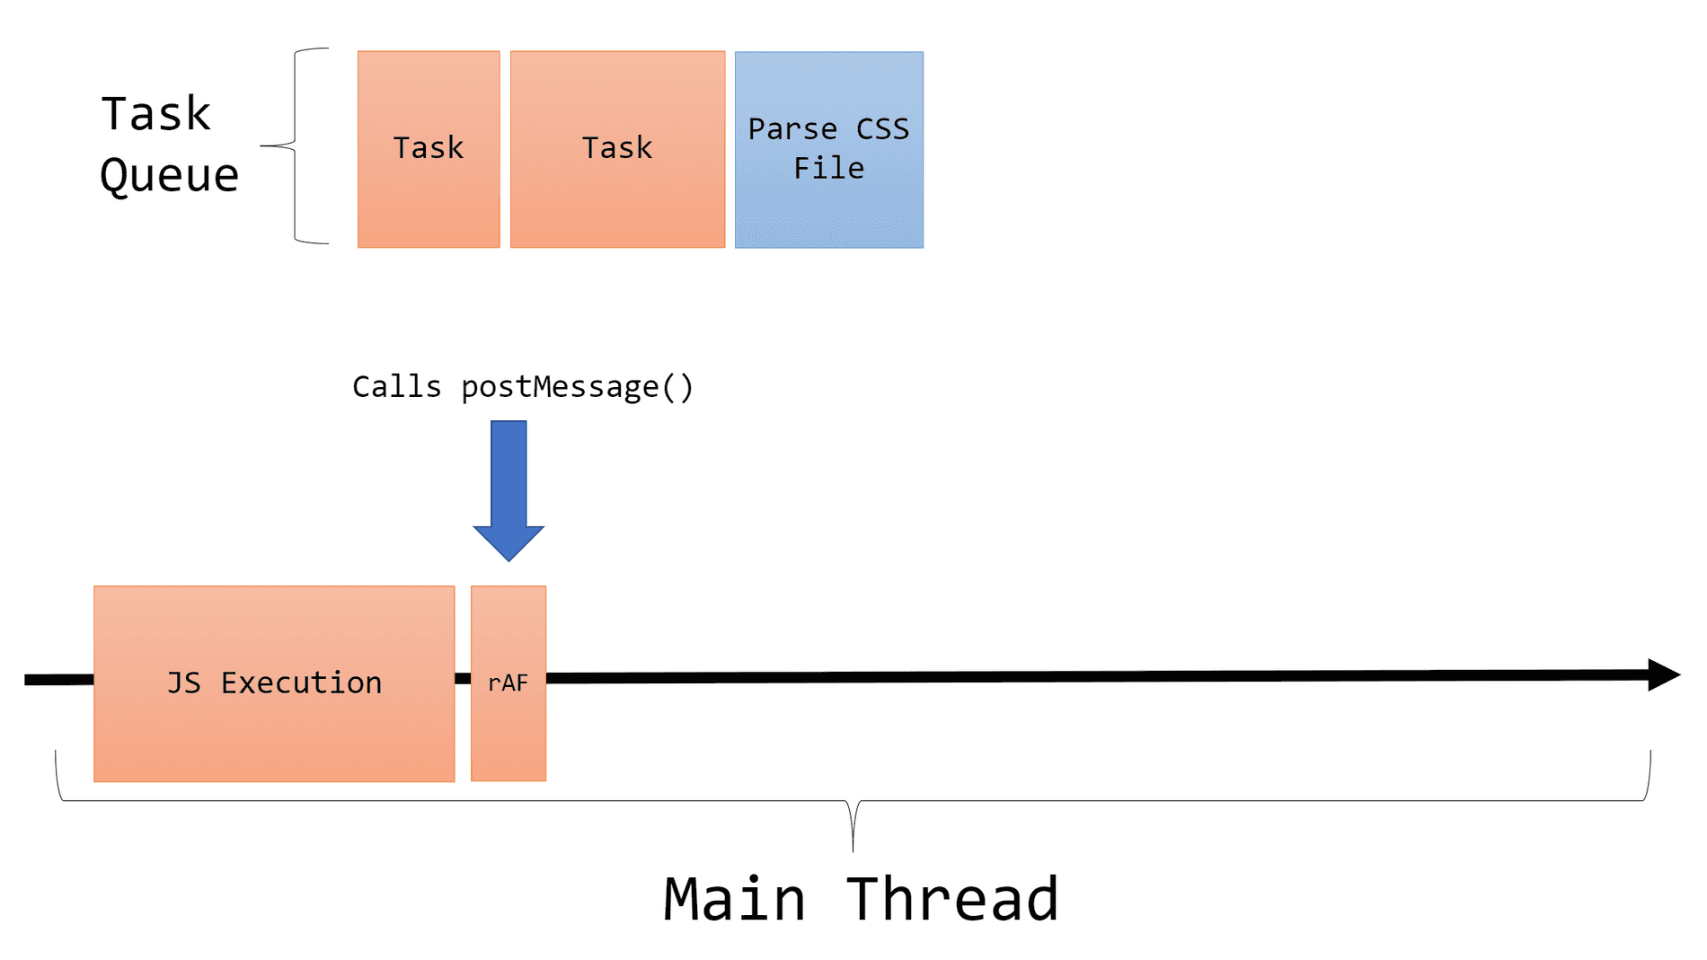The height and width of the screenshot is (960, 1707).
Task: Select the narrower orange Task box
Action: pos(429,149)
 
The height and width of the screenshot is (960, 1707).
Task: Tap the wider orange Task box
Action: pos(617,149)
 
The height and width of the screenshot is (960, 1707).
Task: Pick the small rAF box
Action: pos(509,683)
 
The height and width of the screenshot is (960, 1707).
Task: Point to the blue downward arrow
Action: pos(509,489)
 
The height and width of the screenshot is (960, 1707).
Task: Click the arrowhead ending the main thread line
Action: pos(1663,674)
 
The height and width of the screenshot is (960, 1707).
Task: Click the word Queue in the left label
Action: pos(169,175)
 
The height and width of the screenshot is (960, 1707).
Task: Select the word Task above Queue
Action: pos(156,114)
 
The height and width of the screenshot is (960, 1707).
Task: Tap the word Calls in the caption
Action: pos(396,387)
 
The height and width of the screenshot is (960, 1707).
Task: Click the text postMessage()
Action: pos(577,387)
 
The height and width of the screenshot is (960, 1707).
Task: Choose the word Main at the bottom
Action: pos(734,899)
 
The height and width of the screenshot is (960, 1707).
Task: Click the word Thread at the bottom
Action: pos(952,899)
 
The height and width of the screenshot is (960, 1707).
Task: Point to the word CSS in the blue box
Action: pos(882,129)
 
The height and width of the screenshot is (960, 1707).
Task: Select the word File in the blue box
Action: pos(828,169)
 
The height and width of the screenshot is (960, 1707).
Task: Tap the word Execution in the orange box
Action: pos(301,683)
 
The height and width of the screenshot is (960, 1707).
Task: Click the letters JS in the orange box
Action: pos(183,683)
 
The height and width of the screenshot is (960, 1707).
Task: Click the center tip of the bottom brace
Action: pos(853,844)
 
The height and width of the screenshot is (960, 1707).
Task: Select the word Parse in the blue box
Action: pos(792,129)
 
